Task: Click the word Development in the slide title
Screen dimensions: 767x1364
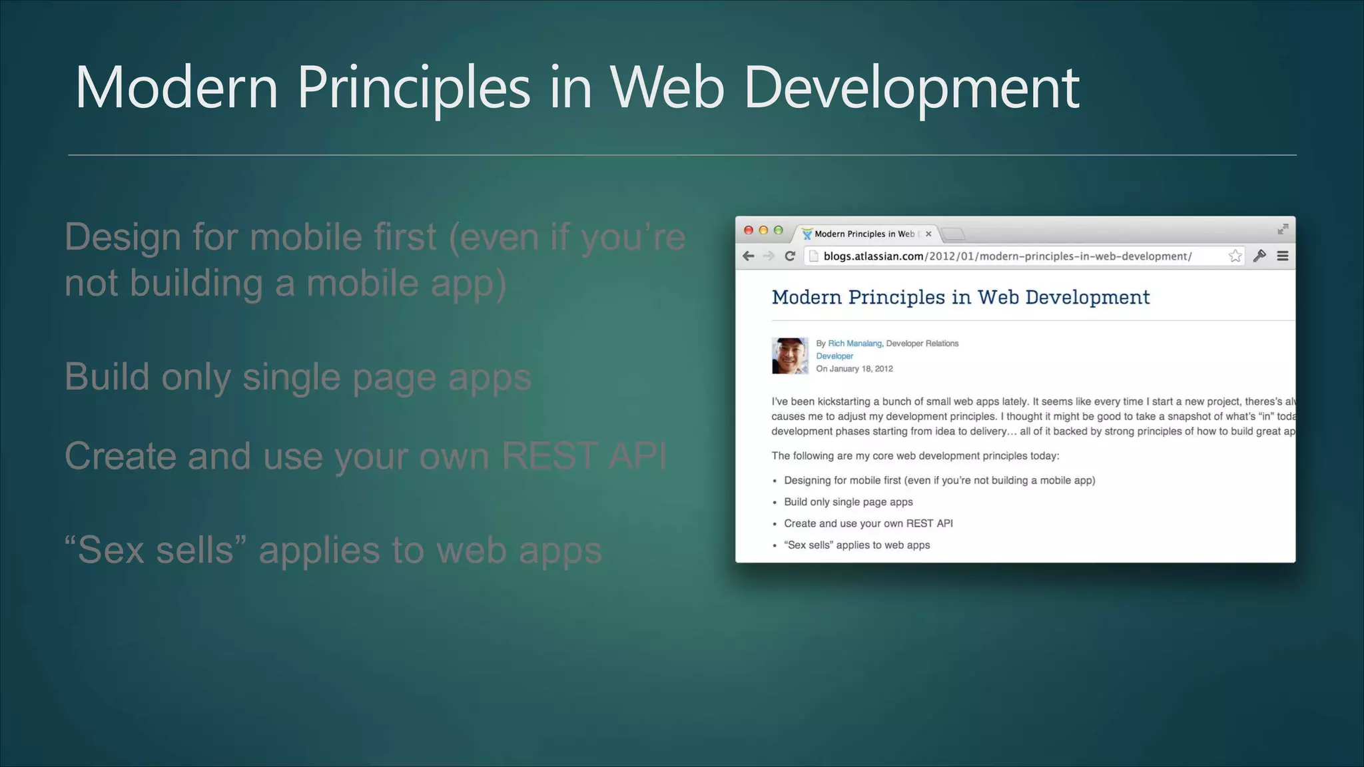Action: (x=911, y=88)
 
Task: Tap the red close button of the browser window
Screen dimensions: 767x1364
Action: (x=749, y=230)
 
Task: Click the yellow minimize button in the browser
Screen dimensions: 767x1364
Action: (x=763, y=230)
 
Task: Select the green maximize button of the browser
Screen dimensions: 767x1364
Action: (x=778, y=230)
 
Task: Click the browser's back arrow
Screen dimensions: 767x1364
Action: (x=749, y=256)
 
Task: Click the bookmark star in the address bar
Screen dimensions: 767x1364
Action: (x=1235, y=256)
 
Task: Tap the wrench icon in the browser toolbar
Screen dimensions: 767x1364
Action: (x=1259, y=256)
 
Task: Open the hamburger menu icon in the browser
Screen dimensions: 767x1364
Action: (x=1282, y=256)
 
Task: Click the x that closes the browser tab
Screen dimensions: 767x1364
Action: (x=928, y=234)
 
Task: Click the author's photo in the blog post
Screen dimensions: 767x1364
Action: (x=790, y=356)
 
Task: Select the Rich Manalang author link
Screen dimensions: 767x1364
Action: (x=854, y=344)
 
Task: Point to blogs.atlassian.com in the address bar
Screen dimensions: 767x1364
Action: (x=873, y=256)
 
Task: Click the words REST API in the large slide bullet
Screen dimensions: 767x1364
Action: (x=583, y=457)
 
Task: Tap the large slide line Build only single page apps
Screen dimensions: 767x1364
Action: (x=298, y=378)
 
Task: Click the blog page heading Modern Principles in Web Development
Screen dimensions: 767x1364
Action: (x=960, y=297)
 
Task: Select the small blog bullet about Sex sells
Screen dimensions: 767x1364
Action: (x=856, y=545)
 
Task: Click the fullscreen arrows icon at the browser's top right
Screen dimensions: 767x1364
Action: (x=1283, y=230)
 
